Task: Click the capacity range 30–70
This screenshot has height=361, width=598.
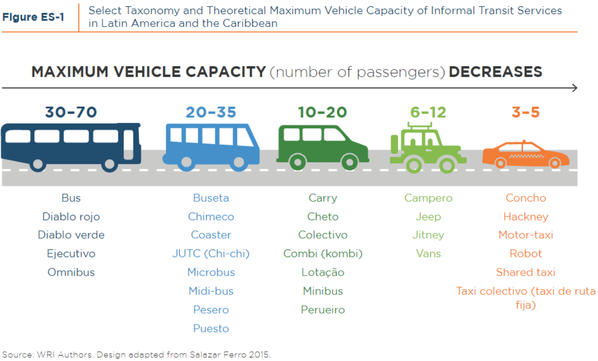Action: (x=71, y=113)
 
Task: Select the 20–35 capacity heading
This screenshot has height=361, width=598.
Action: (x=211, y=113)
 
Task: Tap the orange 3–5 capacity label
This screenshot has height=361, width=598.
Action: (x=525, y=113)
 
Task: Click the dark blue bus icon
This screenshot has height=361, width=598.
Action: (x=71, y=146)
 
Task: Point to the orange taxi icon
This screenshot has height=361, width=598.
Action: (x=525, y=155)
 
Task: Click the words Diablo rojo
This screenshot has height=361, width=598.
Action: (x=71, y=216)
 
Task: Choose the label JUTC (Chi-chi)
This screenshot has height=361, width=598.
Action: (x=211, y=254)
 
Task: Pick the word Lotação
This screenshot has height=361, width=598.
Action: (x=323, y=272)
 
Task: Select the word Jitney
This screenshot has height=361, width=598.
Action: (x=428, y=235)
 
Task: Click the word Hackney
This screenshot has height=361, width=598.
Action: (x=526, y=216)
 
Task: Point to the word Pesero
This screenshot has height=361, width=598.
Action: (x=211, y=310)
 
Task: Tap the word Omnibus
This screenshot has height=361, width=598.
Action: (x=71, y=272)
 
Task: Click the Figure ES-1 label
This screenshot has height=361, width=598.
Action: (x=33, y=16)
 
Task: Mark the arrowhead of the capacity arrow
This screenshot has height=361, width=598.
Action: (x=574, y=88)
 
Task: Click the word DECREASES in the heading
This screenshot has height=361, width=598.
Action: (x=495, y=72)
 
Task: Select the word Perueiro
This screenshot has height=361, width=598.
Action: (x=323, y=310)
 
